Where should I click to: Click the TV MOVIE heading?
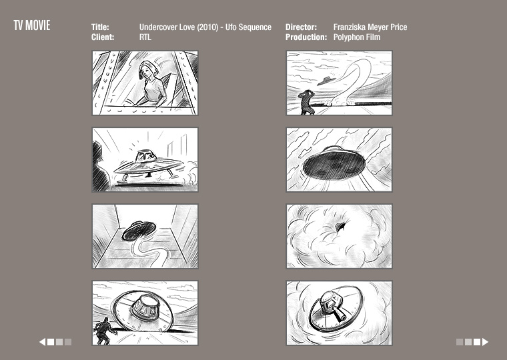(32, 25)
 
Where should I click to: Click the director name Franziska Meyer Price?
(370, 27)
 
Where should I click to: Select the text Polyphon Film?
(357, 37)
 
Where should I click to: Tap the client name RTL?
(145, 37)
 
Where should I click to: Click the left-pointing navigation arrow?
(42, 342)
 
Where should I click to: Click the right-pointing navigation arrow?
(486, 342)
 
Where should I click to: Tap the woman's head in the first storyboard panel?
(148, 69)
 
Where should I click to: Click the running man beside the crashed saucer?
(103, 331)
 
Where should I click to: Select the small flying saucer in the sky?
(328, 81)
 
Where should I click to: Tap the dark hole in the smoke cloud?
(340, 226)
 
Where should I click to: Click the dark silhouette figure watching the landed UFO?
(100, 167)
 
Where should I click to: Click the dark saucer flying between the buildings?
(139, 231)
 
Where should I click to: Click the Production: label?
(306, 37)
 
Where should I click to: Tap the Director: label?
(301, 27)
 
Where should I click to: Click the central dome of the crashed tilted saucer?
(145, 306)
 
